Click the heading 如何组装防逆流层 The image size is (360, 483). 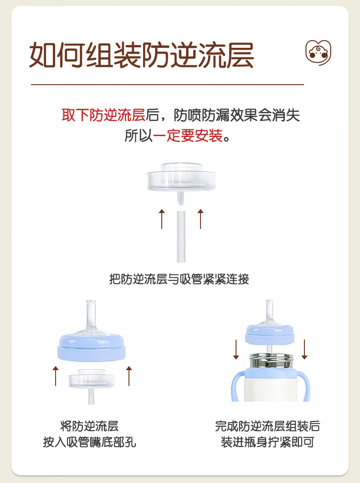(141, 55)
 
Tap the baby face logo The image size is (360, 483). (318, 52)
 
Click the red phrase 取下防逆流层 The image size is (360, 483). (103, 115)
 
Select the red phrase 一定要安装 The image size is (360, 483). (188, 136)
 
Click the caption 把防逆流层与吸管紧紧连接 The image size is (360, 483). (179, 279)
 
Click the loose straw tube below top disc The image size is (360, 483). (181, 236)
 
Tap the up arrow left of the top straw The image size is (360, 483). (162, 219)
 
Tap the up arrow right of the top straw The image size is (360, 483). (201, 219)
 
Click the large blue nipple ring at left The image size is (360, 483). (92, 348)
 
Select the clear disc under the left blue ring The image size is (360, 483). (92, 379)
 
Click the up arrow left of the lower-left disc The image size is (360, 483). (56, 376)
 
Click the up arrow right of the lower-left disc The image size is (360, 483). (129, 376)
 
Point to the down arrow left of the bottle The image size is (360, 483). (236, 350)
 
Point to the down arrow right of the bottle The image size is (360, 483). (304, 350)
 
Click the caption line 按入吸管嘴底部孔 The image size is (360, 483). (89, 442)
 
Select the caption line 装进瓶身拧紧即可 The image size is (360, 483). (267, 442)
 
